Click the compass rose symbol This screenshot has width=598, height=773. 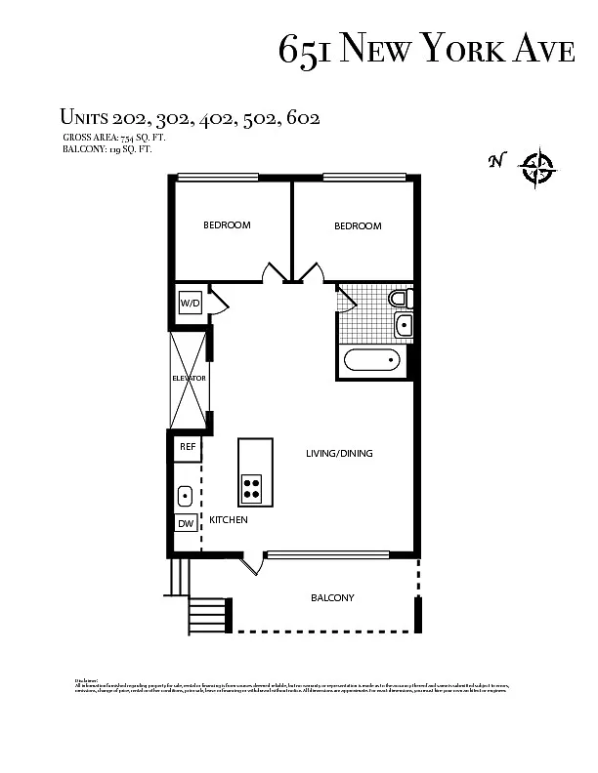pos(537,167)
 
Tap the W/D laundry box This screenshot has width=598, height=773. pos(190,304)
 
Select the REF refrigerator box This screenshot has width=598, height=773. pos(188,448)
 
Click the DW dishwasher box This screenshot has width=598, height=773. pos(186,524)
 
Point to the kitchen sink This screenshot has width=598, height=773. pos(185,496)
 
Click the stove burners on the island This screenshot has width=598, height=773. pos(252,487)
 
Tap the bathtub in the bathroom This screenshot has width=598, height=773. pos(372,361)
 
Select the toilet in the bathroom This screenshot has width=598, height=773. pos(401,298)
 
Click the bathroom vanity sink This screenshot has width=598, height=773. pos(404,325)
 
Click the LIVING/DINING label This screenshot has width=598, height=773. pos(339,453)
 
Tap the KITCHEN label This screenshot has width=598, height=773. pos(229,520)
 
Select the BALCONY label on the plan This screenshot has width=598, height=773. pos(332,597)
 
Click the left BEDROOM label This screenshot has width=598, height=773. pos(227,225)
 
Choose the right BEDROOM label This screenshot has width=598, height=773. pos(358,226)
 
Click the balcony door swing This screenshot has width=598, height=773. pos(252,562)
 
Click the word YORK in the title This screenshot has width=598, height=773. pos(460,48)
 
